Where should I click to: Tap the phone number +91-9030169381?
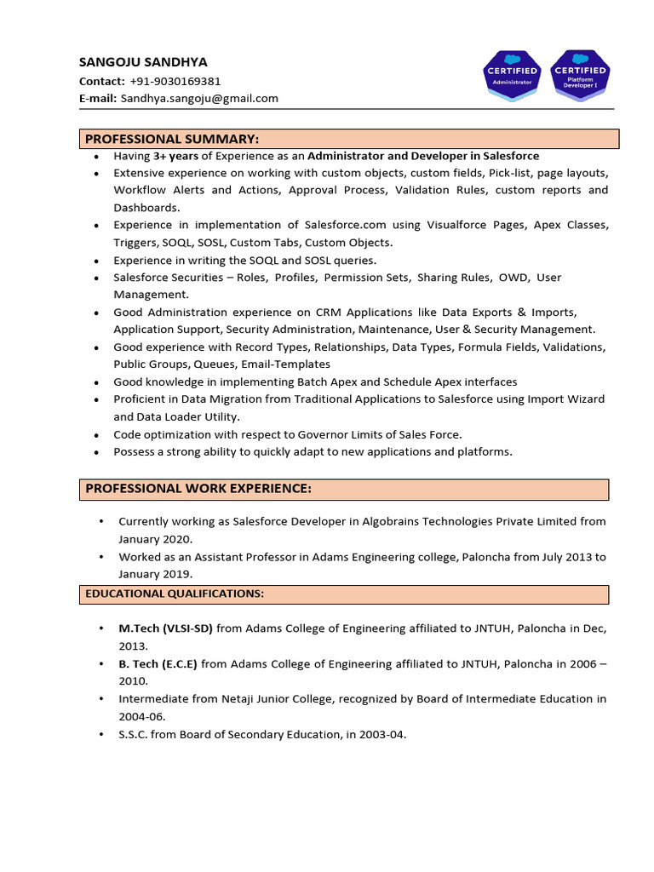(175, 81)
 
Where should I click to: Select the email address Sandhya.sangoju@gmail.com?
(199, 98)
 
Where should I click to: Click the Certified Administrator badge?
(512, 75)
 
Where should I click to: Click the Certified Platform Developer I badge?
(579, 75)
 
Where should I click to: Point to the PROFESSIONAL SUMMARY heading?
(171, 139)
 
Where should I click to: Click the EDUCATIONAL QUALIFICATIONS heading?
(174, 593)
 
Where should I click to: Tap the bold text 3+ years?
(175, 156)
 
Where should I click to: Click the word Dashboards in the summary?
(146, 208)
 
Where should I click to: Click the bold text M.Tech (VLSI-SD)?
(165, 628)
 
